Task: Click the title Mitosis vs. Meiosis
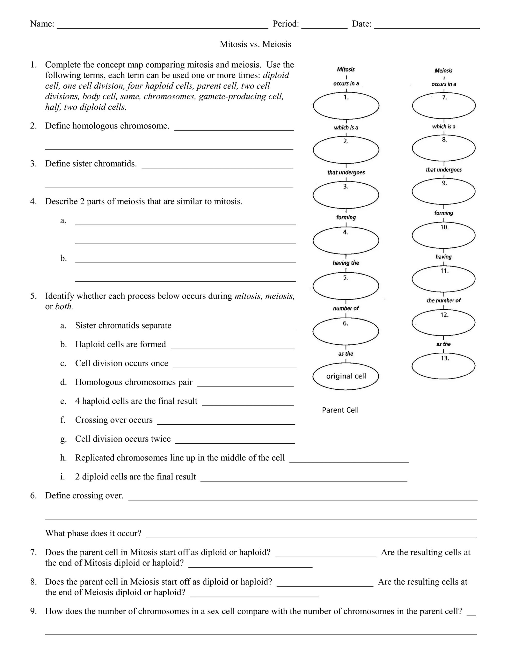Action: [255, 44]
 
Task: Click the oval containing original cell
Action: [346, 376]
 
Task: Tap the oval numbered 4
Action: [346, 241]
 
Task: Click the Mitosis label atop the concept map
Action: [346, 69]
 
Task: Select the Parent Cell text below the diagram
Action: [340, 410]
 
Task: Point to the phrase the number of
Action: [444, 301]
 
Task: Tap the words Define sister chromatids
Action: [91, 164]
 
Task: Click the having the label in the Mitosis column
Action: [346, 263]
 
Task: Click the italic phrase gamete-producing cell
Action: [241, 97]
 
